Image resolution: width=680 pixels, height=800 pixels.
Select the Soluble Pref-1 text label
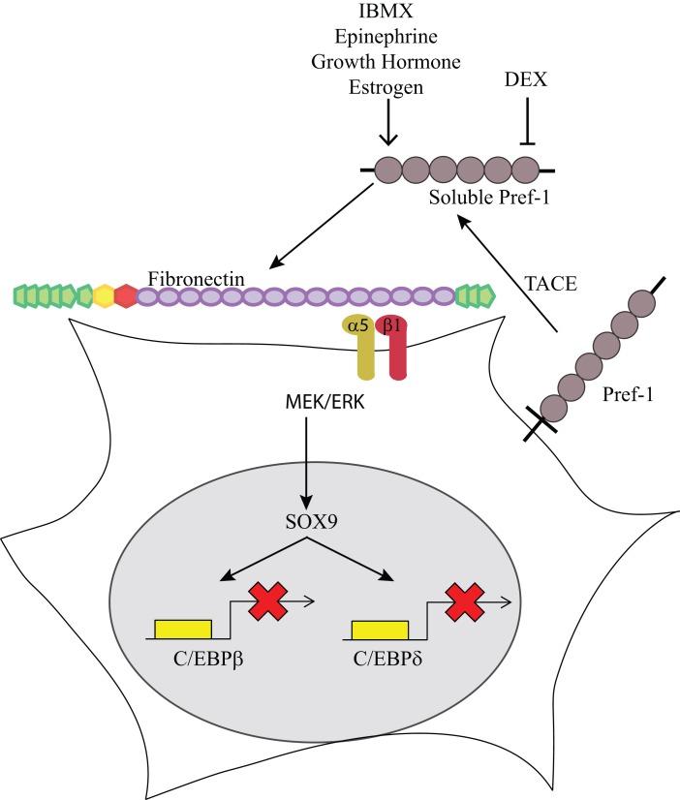coord(481,201)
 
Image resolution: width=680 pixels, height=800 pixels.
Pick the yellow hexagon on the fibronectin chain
coord(103,294)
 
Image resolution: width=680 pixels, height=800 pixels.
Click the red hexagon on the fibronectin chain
coord(125,294)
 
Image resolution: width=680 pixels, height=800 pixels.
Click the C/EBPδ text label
coord(385,666)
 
